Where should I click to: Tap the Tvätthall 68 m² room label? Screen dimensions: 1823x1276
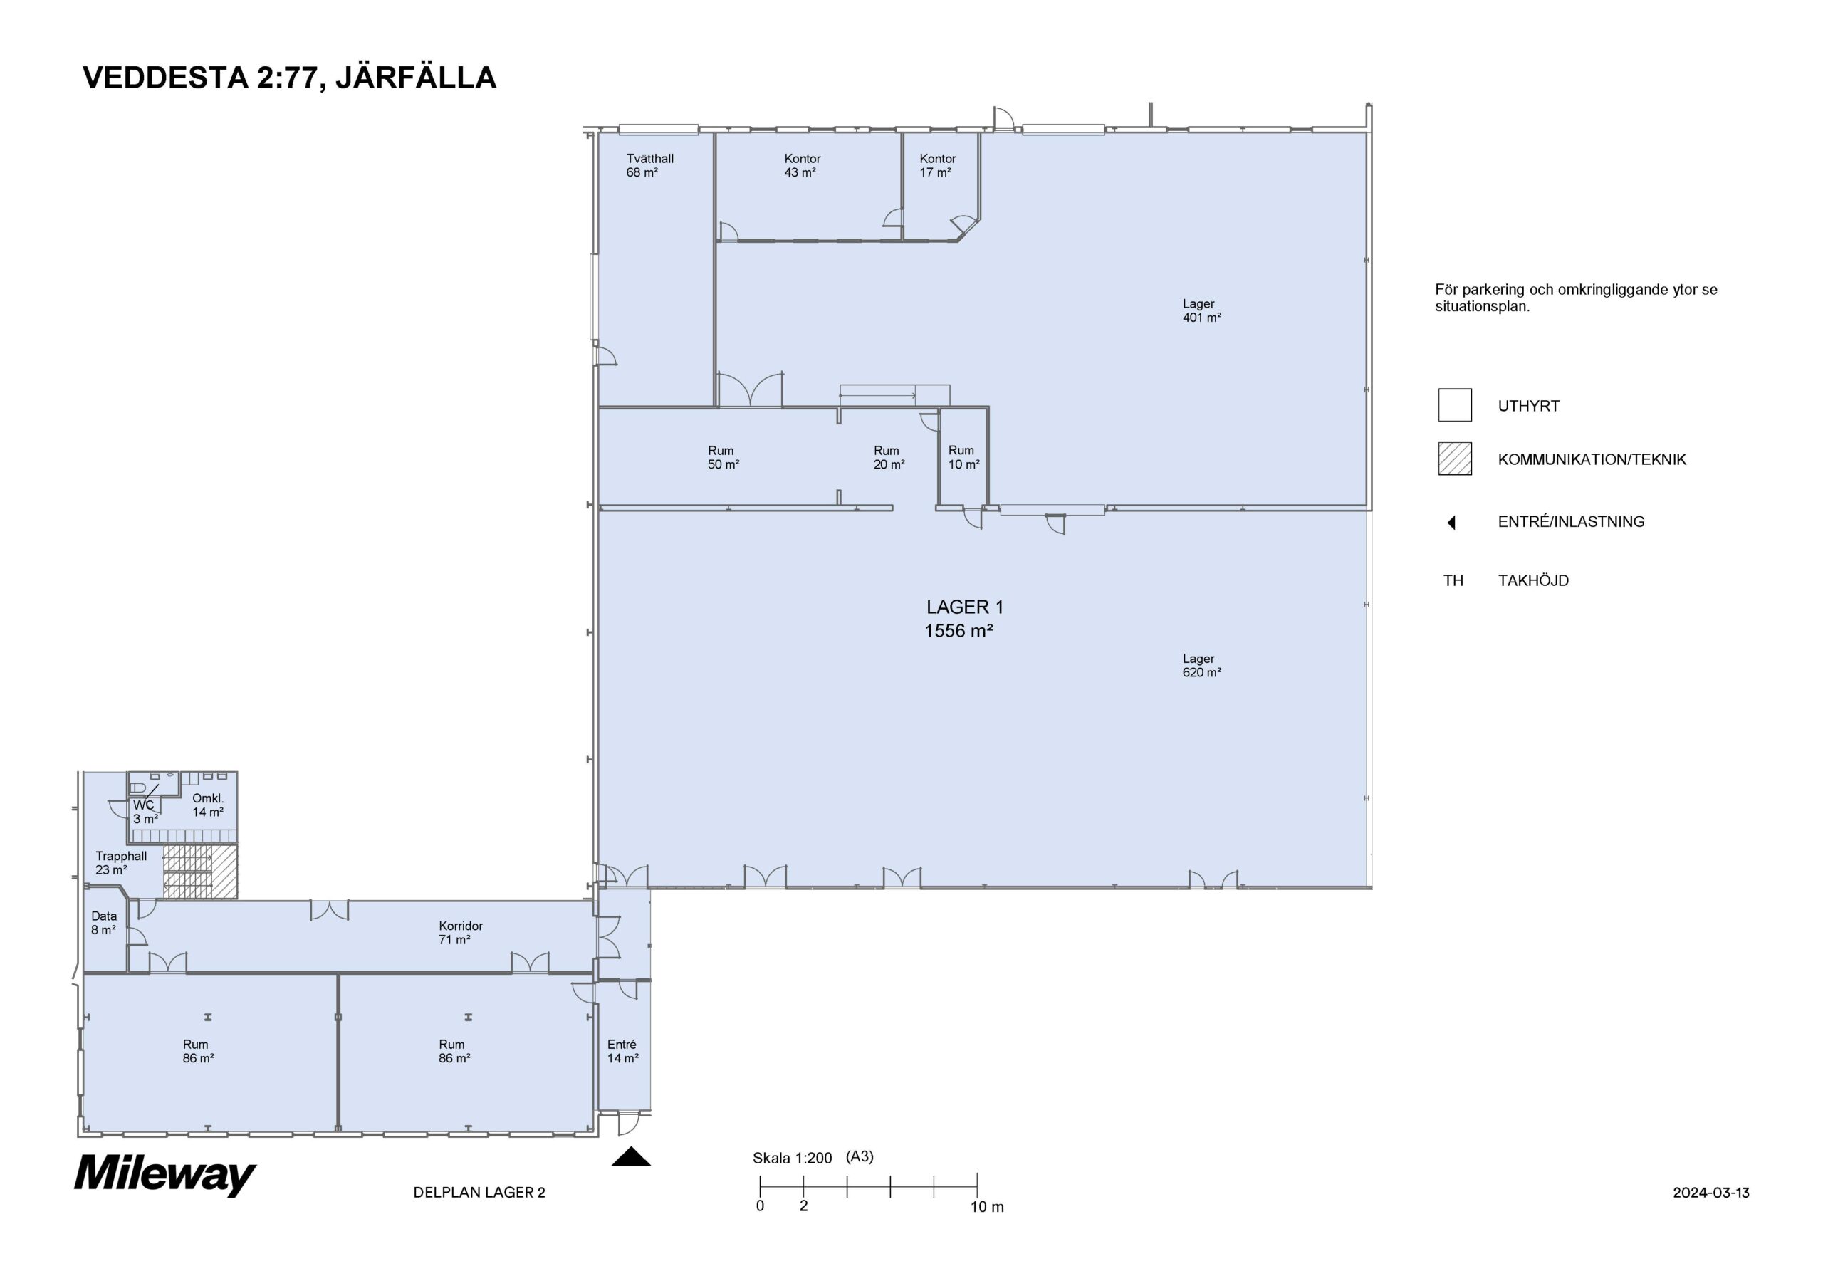point(649,165)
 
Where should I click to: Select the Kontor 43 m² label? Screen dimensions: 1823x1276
point(802,165)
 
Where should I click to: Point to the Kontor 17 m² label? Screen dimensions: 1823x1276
point(938,165)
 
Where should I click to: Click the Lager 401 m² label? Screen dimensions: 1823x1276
point(1201,310)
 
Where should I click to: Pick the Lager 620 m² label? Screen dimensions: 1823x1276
point(1201,665)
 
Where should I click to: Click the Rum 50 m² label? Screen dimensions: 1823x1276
point(724,457)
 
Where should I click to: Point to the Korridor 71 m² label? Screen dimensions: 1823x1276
point(461,932)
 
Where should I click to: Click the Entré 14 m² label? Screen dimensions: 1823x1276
point(622,1051)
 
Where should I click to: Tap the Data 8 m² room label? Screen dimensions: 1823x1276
point(104,923)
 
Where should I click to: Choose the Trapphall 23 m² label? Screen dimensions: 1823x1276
point(120,863)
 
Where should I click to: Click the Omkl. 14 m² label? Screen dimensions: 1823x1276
point(208,805)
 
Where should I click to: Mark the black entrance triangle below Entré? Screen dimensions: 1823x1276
point(631,1157)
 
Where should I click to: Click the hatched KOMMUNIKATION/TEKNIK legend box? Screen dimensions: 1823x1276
point(1455,459)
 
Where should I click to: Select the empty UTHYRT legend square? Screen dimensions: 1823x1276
point(1455,405)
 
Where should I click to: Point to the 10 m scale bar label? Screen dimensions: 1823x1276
point(987,1207)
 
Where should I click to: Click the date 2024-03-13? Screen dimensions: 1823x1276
point(1711,1193)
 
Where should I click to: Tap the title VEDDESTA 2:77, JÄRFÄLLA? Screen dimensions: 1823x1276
point(290,78)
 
